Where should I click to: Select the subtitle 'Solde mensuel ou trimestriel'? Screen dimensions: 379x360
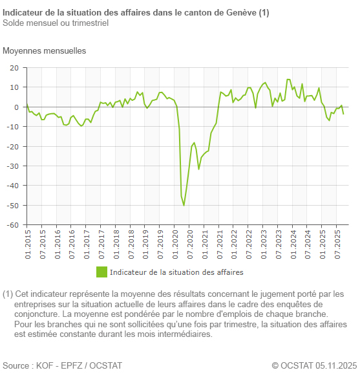point(55,23)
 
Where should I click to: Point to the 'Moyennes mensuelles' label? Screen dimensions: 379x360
point(44,50)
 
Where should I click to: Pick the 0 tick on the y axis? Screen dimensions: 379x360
point(17,107)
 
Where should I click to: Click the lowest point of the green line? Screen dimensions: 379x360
point(184,206)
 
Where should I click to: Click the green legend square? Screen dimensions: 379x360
point(101,272)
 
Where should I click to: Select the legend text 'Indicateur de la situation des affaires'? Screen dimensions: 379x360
point(185,272)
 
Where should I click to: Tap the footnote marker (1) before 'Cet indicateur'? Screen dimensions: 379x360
point(8,294)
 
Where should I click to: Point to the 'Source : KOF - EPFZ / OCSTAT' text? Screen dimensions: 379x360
point(62,366)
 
